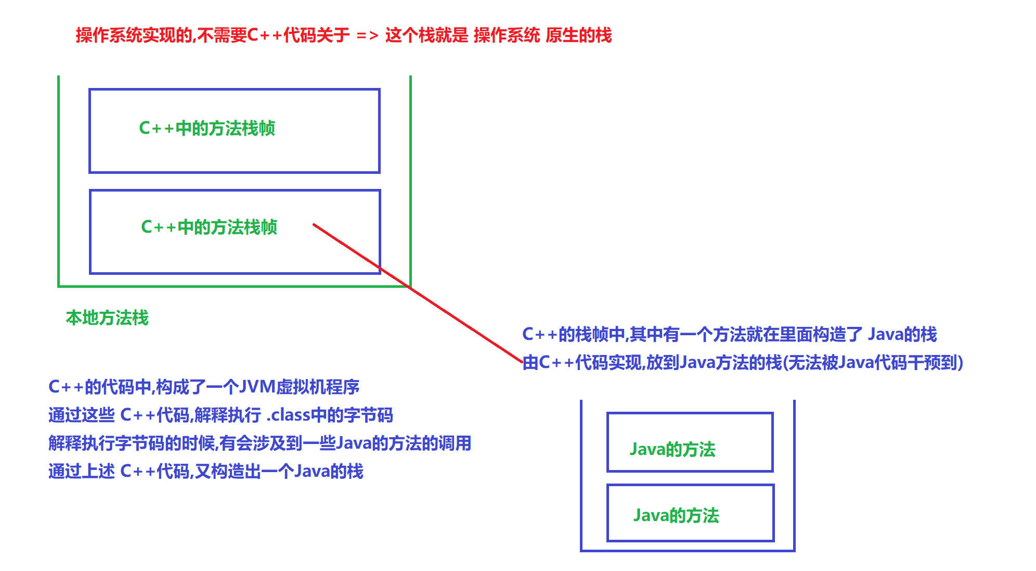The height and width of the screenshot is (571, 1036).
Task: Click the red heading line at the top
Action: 343,35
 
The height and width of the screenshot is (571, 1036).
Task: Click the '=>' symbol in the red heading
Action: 367,36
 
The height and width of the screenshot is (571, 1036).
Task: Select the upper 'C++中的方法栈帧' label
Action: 207,128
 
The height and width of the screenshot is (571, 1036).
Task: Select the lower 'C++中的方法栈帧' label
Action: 209,227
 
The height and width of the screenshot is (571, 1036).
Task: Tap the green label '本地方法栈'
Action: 107,318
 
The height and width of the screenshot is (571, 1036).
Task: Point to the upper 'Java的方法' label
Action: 672,449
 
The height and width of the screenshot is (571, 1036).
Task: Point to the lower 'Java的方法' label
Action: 676,515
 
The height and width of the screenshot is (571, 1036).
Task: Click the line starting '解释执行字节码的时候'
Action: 260,443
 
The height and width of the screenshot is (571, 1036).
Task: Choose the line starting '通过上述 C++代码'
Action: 205,471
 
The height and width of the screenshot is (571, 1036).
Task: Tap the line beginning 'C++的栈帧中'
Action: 729,334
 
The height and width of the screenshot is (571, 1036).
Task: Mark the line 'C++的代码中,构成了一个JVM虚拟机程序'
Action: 204,387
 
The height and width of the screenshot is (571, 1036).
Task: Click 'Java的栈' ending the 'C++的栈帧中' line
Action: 902,334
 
